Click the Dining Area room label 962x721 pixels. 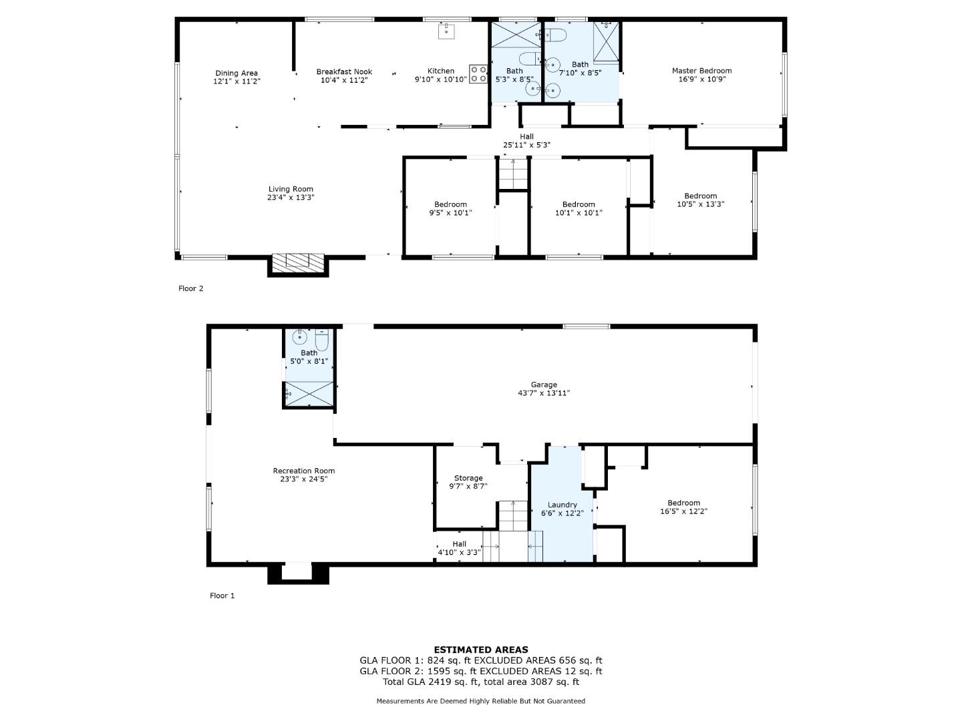click(236, 73)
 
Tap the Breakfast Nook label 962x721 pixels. click(344, 72)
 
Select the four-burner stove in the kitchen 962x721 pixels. click(478, 74)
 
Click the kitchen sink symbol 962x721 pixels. click(447, 31)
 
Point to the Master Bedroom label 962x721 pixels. click(701, 71)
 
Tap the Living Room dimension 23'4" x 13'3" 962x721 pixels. click(291, 198)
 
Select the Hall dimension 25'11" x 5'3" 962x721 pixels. click(526, 145)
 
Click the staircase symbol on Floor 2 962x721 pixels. click(513, 174)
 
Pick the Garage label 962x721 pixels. click(544, 385)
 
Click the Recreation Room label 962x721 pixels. click(304, 471)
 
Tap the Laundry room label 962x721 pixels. click(563, 505)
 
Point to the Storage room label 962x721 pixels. click(468, 478)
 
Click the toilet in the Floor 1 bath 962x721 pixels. click(322, 340)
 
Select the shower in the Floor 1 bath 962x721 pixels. click(309, 394)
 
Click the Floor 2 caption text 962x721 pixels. click(190, 288)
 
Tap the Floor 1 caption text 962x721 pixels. click(222, 595)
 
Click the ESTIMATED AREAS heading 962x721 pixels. click(481, 650)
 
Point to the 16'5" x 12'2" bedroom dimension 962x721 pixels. click(683, 511)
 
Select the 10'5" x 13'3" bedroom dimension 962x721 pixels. click(700, 204)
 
